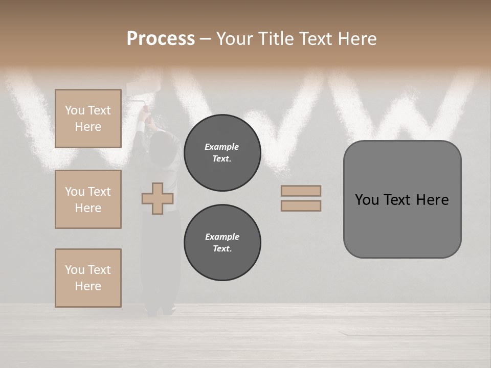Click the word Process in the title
(x=161, y=39)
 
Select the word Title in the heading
(x=275, y=39)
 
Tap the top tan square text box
(x=88, y=119)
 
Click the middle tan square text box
(x=88, y=199)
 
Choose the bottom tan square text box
(x=88, y=278)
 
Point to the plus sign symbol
(x=158, y=198)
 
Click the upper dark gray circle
(x=222, y=153)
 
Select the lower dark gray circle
(x=222, y=243)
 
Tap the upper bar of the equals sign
(x=301, y=191)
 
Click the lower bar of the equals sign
(x=301, y=206)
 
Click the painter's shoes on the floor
(x=160, y=310)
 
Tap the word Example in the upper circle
(x=222, y=147)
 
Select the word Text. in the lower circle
(x=222, y=249)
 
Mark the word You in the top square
(x=75, y=110)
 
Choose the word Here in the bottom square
(x=88, y=286)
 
